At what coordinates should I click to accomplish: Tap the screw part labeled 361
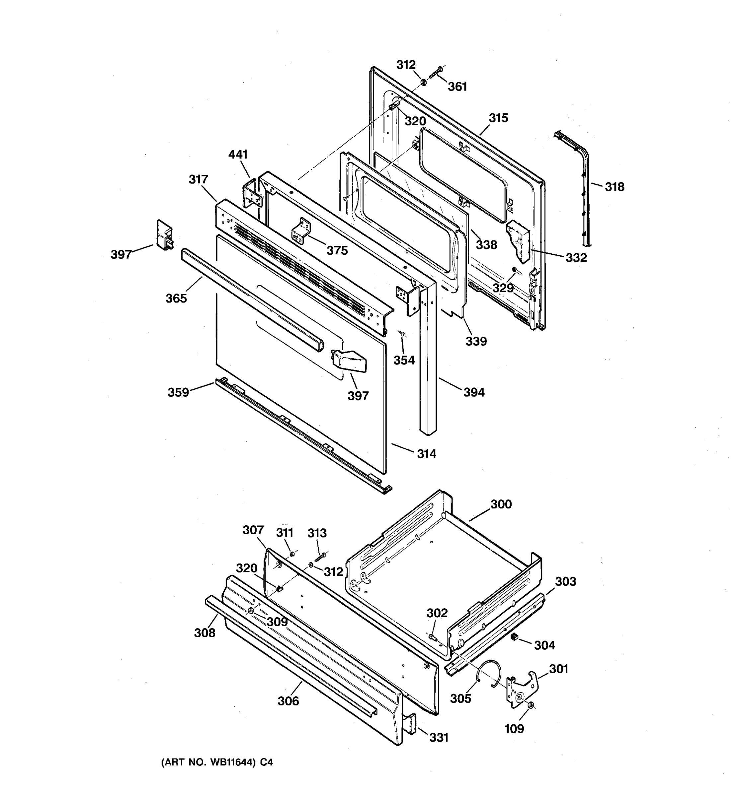[435, 73]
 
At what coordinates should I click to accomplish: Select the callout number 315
[498, 118]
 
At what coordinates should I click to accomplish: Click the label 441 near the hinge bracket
[238, 154]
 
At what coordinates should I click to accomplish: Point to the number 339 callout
[476, 341]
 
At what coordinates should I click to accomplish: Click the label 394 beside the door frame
[474, 392]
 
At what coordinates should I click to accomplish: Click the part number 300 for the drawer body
[501, 504]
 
